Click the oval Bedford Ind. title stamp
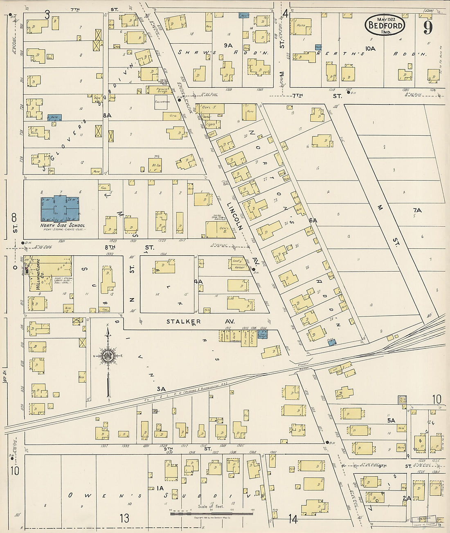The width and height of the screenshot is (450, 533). tap(385, 25)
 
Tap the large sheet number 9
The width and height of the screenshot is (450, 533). tap(428, 27)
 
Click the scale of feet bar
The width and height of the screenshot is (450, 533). tap(211, 513)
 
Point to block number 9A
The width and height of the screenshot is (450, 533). tap(228, 45)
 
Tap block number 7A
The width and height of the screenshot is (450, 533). tap(417, 210)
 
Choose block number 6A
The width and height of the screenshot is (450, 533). tap(313, 220)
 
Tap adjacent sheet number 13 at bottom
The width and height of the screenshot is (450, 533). tap(124, 518)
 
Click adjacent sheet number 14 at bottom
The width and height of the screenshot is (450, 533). tap(293, 519)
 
